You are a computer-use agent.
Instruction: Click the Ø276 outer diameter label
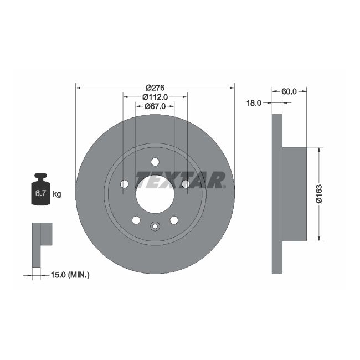click(x=155, y=88)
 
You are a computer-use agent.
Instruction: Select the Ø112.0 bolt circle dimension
click(x=156, y=96)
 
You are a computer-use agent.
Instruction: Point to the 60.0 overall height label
click(x=289, y=91)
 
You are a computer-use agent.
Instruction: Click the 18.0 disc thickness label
click(x=254, y=103)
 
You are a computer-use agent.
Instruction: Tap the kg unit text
click(x=56, y=194)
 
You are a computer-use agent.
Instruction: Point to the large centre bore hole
click(x=155, y=194)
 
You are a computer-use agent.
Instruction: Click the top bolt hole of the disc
click(x=155, y=162)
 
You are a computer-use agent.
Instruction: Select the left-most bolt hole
click(x=124, y=184)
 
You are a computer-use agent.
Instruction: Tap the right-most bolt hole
click(x=186, y=184)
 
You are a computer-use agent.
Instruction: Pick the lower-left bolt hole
click(x=136, y=220)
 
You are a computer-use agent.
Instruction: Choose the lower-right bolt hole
click(x=174, y=220)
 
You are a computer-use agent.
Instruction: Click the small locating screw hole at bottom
click(x=155, y=225)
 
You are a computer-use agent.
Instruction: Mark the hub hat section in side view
click(x=294, y=194)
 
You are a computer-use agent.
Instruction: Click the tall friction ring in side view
click(x=277, y=194)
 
